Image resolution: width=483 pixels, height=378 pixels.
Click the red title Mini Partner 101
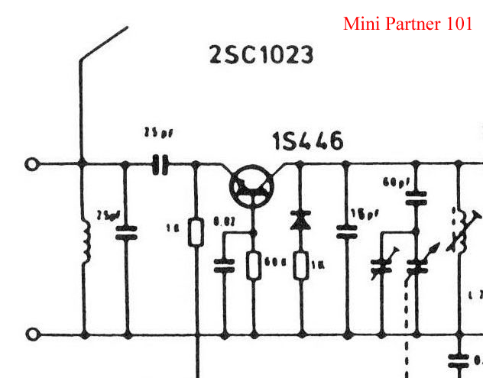[x=408, y=24]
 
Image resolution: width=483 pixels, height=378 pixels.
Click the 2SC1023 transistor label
[x=261, y=55]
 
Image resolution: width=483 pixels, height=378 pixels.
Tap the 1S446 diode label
[x=308, y=141]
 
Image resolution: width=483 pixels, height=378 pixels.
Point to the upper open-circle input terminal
[x=32, y=163]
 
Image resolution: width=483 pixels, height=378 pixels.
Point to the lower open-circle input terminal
[x=32, y=334]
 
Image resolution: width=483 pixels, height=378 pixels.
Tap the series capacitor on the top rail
[x=160, y=163]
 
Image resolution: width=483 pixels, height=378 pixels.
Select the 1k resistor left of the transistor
[x=196, y=232]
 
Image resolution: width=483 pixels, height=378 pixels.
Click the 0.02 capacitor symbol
[x=225, y=266]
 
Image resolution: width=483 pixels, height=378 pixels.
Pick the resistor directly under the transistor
[x=254, y=267]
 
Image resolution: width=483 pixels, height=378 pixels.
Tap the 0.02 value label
[x=225, y=221]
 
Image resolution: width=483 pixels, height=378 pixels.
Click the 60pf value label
[x=393, y=183]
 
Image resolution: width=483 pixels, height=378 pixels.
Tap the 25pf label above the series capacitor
[x=158, y=134]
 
